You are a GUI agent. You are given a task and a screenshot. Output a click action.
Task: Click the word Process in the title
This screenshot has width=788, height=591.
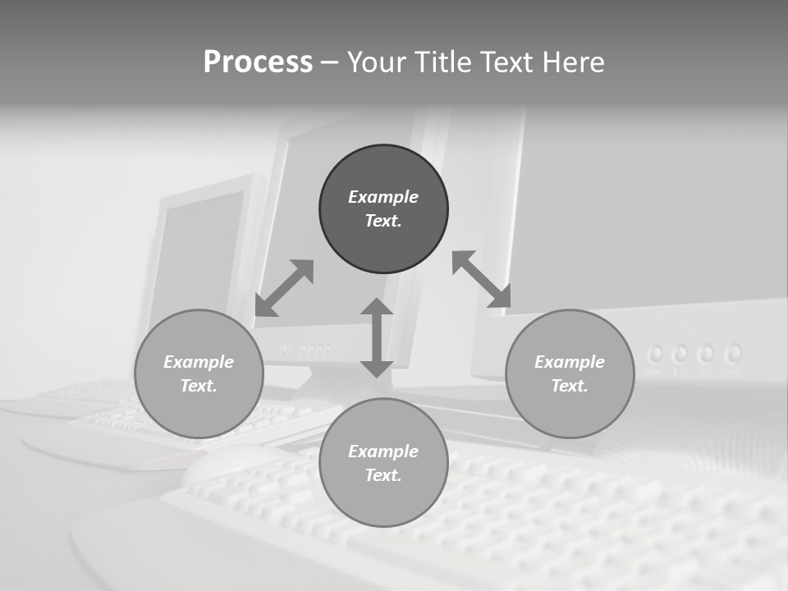pyautogui.click(x=258, y=62)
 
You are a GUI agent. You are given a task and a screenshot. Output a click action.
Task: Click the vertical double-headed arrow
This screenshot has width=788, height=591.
pyautogui.click(x=377, y=337)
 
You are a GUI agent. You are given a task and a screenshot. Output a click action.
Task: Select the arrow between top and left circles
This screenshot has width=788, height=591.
pyautogui.click(x=284, y=288)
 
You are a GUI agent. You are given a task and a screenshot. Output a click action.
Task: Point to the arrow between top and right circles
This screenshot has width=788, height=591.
pyautogui.click(x=482, y=279)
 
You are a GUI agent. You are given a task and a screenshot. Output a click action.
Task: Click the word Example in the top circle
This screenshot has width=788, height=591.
pyautogui.click(x=383, y=197)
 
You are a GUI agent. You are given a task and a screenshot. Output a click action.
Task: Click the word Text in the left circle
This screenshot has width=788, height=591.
pyautogui.click(x=199, y=386)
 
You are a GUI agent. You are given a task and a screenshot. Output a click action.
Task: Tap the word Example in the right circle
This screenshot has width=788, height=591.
pyautogui.click(x=570, y=362)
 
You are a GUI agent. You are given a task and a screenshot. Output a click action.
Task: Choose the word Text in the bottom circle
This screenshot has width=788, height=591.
pyautogui.click(x=383, y=475)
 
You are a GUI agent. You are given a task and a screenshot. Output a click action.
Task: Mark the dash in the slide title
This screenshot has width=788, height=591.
pyautogui.click(x=330, y=62)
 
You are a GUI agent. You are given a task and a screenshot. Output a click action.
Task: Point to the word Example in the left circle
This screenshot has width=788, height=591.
pyautogui.click(x=199, y=362)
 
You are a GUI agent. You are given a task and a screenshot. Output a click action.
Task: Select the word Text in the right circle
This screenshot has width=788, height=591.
pyautogui.click(x=570, y=386)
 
